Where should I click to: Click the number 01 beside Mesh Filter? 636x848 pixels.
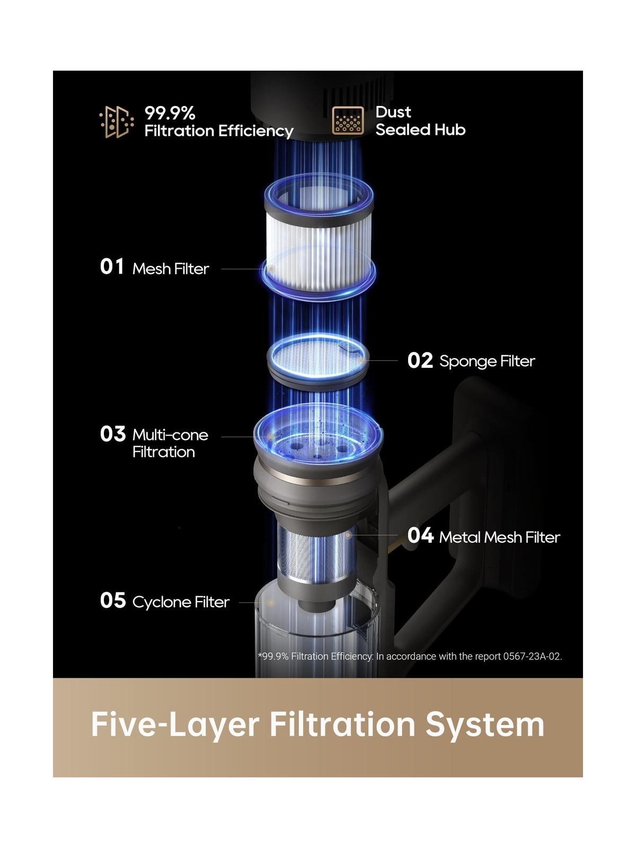click(x=112, y=267)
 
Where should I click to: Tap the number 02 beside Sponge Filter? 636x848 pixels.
click(x=420, y=360)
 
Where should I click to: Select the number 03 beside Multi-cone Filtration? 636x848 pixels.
click(x=112, y=434)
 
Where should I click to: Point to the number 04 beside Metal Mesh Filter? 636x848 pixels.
click(x=420, y=536)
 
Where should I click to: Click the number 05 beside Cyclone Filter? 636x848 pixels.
click(x=112, y=600)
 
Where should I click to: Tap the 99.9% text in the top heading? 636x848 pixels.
click(x=170, y=113)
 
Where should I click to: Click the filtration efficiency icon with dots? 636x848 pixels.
click(x=116, y=122)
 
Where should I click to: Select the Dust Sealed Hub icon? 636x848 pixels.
click(x=348, y=121)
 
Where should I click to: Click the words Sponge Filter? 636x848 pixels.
click(x=487, y=361)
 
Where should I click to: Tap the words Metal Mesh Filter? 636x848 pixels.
click(x=499, y=537)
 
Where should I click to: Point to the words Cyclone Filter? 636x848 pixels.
click(x=181, y=602)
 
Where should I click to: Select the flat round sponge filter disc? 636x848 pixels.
click(x=318, y=355)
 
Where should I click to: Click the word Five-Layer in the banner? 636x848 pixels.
click(x=175, y=725)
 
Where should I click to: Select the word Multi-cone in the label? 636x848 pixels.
click(x=170, y=435)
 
